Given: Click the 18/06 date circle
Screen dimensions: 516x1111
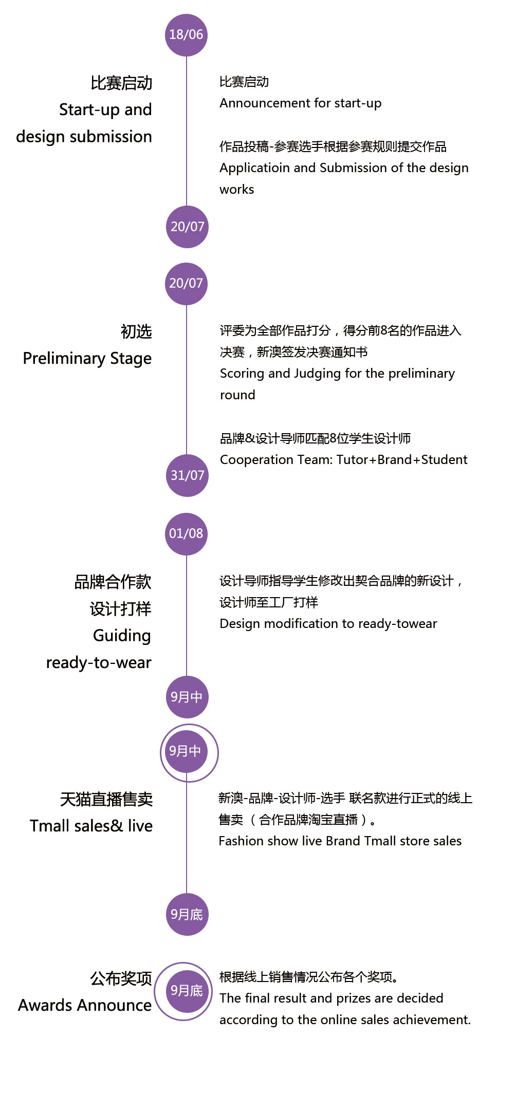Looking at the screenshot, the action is click(186, 35).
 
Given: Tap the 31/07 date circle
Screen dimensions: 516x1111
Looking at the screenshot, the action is click(187, 475).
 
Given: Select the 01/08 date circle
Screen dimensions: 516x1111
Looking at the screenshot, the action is click(186, 534).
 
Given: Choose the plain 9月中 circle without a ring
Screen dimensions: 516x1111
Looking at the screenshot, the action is click(187, 697).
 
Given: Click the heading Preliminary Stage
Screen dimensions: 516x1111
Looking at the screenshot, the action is click(87, 359).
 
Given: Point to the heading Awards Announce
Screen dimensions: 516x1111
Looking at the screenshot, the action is click(85, 1005).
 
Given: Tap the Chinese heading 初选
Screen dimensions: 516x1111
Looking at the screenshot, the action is click(136, 331).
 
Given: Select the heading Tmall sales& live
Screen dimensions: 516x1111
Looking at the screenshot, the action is click(91, 826).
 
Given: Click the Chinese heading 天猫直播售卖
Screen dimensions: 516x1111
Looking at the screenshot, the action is click(106, 799).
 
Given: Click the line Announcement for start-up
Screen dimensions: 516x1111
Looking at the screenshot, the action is click(301, 103).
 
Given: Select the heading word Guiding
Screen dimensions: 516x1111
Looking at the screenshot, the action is click(122, 636).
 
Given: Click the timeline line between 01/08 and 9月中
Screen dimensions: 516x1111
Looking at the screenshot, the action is click(187, 616).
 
